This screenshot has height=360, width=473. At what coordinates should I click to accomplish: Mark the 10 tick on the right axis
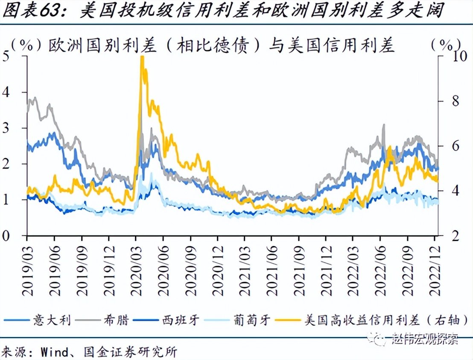[450, 56]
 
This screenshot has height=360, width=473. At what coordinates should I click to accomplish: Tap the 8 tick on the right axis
[447, 101]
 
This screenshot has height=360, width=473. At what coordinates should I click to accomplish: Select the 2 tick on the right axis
[447, 235]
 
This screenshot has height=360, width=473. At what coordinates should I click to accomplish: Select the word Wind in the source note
[55, 352]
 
